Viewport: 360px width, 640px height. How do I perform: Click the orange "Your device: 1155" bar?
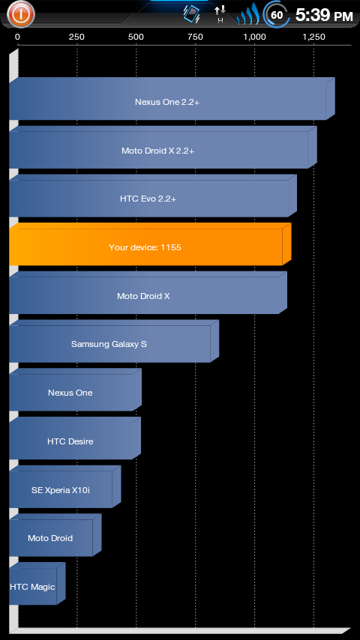[x=150, y=244]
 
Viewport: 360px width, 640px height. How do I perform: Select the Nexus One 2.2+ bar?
[x=172, y=99]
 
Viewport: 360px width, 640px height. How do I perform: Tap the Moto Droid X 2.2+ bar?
[x=163, y=148]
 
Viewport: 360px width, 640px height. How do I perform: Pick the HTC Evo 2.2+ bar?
[x=153, y=196]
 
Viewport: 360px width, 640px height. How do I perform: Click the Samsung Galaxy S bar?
[x=114, y=341]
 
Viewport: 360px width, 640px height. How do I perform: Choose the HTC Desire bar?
[x=75, y=438]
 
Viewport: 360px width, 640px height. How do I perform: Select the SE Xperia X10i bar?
[x=65, y=487]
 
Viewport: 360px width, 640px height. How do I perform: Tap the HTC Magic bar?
[x=37, y=584]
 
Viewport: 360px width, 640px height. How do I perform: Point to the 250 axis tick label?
[x=76, y=37]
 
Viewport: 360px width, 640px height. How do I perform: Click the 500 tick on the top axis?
[x=136, y=37]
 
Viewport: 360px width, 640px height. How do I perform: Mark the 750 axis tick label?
[x=195, y=37]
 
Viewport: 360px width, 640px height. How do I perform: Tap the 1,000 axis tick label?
[x=254, y=37]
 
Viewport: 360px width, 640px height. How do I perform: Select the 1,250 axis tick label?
[x=314, y=37]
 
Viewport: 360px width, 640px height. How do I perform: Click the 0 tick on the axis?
[x=17, y=37]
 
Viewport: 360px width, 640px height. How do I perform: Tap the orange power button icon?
[x=21, y=14]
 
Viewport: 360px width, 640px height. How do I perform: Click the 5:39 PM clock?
[x=324, y=16]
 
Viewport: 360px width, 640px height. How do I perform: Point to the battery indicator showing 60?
[x=277, y=15]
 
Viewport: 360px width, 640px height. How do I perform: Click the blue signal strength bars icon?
[x=248, y=16]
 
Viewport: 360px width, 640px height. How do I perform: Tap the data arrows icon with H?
[x=220, y=15]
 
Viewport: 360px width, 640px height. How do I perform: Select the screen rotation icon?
[x=191, y=14]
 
